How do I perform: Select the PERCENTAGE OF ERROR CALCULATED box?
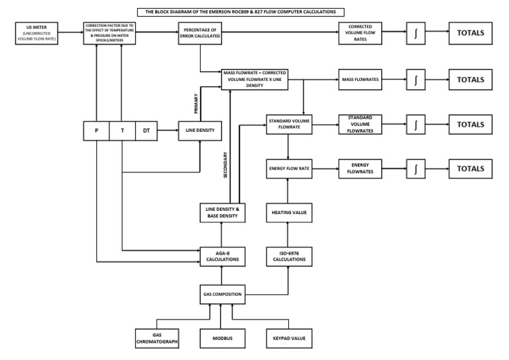(x=199, y=33)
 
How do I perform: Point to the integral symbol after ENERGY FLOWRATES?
(x=416, y=169)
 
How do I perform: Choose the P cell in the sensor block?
(x=96, y=131)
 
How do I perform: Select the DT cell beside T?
(x=146, y=131)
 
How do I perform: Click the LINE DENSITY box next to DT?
(x=199, y=131)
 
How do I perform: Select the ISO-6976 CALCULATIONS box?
(x=288, y=256)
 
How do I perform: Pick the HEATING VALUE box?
(x=288, y=213)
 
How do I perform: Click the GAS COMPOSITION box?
(x=221, y=293)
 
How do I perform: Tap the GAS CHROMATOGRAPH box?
(x=157, y=338)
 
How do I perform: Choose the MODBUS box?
(x=221, y=338)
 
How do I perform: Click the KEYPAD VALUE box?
(x=288, y=338)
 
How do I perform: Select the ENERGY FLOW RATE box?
(x=288, y=169)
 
